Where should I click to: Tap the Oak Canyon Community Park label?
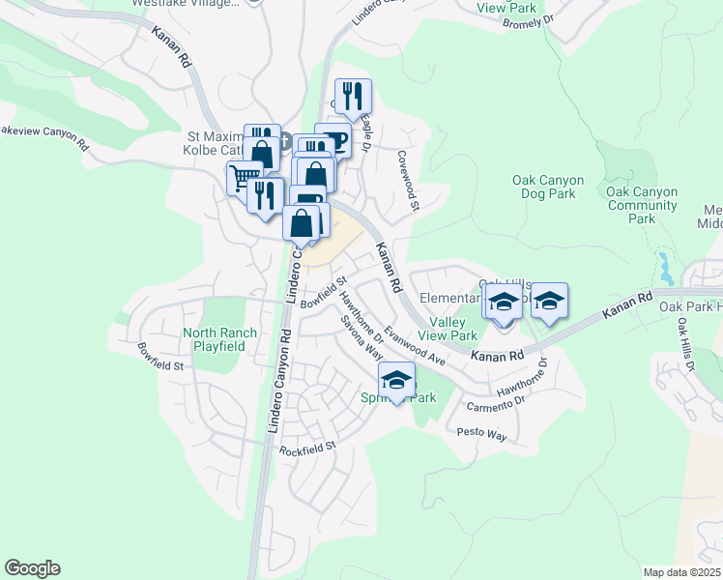[x=642, y=205]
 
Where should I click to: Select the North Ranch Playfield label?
[x=220, y=339]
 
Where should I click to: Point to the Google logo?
[x=32, y=568]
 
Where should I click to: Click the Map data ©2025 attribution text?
[x=681, y=572]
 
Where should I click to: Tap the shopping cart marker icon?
[x=244, y=177]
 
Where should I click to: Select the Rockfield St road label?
[x=307, y=449]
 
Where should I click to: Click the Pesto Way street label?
[x=482, y=436]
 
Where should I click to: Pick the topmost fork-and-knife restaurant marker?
[x=353, y=95]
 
